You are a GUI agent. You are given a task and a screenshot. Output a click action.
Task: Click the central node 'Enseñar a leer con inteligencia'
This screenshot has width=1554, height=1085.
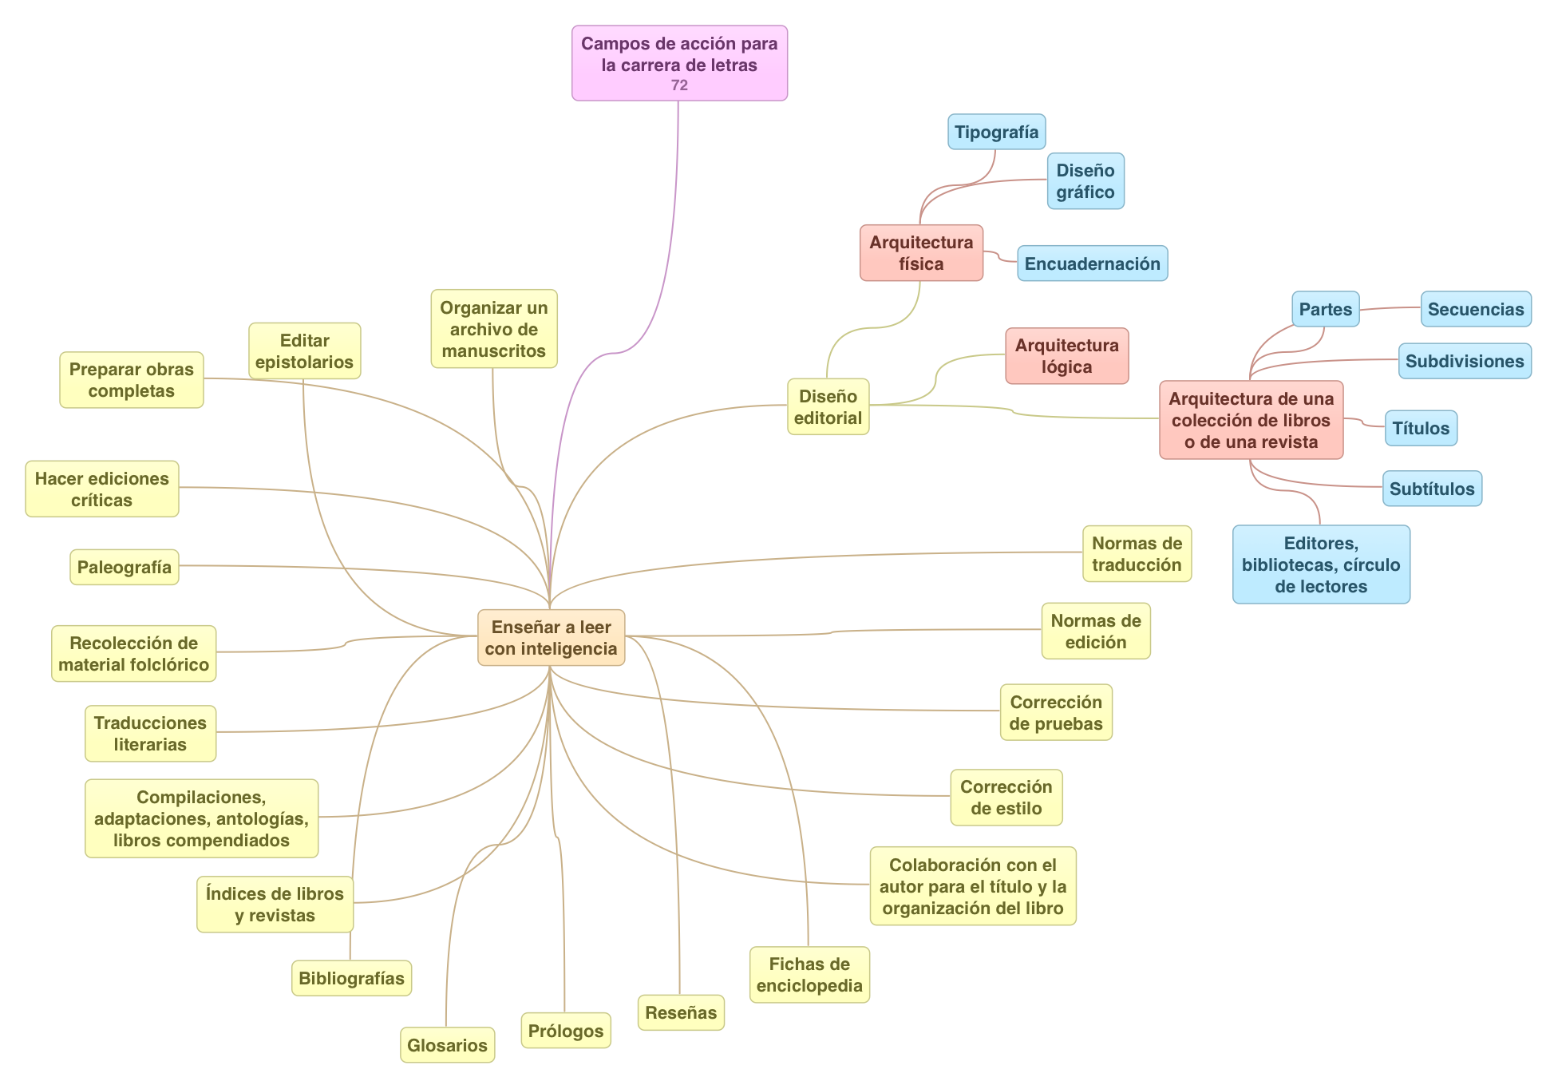pyautogui.click(x=551, y=638)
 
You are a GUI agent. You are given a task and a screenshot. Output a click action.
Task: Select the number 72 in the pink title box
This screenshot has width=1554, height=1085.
pyautogui.click(x=679, y=85)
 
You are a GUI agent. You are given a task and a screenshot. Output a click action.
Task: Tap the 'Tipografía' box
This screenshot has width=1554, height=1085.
pyautogui.click(x=996, y=132)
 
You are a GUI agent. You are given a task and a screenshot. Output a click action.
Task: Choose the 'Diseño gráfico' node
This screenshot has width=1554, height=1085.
pyautogui.click(x=1085, y=181)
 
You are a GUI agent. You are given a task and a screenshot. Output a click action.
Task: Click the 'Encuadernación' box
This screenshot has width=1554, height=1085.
pyautogui.click(x=1092, y=263)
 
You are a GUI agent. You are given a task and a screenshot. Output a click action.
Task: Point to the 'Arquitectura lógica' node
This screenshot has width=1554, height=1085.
pyautogui.click(x=1066, y=356)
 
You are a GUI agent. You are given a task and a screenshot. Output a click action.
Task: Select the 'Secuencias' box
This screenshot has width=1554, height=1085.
pyautogui.click(x=1475, y=309)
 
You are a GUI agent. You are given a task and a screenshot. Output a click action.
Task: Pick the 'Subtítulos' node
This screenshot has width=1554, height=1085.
pyautogui.click(x=1432, y=489)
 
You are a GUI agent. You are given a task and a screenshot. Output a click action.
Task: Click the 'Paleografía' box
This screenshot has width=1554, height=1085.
pyautogui.click(x=125, y=567)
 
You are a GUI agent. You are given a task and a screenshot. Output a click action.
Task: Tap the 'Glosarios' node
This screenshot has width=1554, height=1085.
pyautogui.click(x=447, y=1045)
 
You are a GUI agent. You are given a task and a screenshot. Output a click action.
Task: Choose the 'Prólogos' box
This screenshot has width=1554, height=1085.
pyautogui.click(x=566, y=1031)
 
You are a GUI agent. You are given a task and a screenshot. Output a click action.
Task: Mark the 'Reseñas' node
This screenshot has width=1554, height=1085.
pyautogui.click(x=681, y=1012)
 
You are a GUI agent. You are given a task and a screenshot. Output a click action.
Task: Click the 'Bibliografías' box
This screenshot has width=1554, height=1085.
pyautogui.click(x=351, y=978)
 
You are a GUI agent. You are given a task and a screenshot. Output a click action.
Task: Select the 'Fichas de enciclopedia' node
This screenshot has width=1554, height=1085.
pyautogui.click(x=809, y=975)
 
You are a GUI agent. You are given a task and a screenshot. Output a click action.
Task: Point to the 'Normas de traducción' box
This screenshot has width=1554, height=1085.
pyautogui.click(x=1137, y=554)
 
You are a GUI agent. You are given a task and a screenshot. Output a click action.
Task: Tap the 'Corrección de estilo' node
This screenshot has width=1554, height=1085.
pyautogui.click(x=1006, y=798)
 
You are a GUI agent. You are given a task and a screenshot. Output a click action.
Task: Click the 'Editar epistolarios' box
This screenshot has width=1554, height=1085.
pyautogui.click(x=304, y=350)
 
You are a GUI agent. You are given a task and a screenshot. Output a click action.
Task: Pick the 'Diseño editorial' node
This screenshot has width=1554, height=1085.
pyautogui.click(x=828, y=407)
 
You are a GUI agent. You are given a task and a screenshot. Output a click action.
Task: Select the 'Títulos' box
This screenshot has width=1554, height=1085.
pyautogui.click(x=1421, y=428)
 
